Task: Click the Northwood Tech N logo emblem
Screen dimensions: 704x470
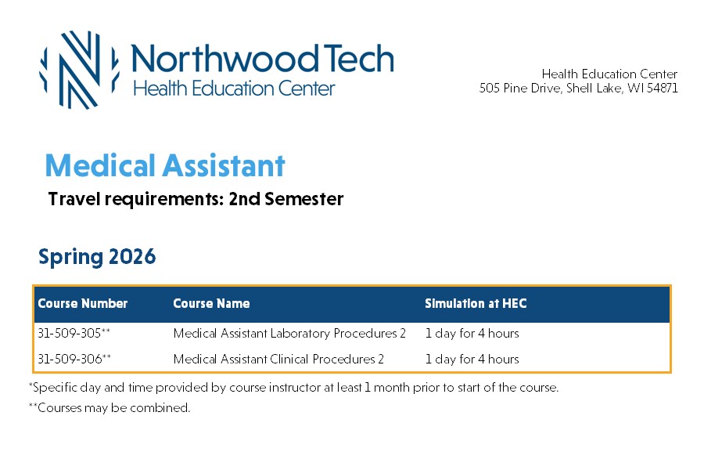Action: pyautogui.click(x=80, y=70)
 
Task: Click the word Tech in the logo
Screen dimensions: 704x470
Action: pyautogui.click(x=358, y=59)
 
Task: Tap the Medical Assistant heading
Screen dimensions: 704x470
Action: pyautogui.click(x=165, y=165)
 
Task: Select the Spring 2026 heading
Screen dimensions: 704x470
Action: pyautogui.click(x=97, y=257)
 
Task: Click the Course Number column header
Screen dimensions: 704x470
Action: pyautogui.click(x=83, y=304)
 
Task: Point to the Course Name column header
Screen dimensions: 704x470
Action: pyautogui.click(x=211, y=304)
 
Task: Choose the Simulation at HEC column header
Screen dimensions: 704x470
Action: pyautogui.click(x=476, y=304)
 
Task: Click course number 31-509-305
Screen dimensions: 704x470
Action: pyautogui.click(x=74, y=333)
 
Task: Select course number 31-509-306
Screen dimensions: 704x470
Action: pyautogui.click(x=74, y=359)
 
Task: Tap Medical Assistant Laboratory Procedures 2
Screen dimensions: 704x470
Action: pyautogui.click(x=289, y=333)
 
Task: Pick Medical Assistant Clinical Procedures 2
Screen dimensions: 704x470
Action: pyautogui.click(x=278, y=359)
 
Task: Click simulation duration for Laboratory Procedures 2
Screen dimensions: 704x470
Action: pyautogui.click(x=472, y=333)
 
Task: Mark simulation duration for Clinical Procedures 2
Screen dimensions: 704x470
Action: pyautogui.click(x=472, y=359)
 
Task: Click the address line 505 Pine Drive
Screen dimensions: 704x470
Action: pyautogui.click(x=579, y=89)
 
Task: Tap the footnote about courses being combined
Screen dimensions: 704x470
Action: pyautogui.click(x=110, y=408)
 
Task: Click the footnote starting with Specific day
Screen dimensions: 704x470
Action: pyautogui.click(x=293, y=388)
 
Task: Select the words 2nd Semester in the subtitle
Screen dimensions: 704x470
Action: pyautogui.click(x=286, y=199)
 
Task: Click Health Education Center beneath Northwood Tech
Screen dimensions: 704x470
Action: pyautogui.click(x=234, y=89)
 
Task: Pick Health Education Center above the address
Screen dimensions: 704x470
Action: pyautogui.click(x=609, y=74)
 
